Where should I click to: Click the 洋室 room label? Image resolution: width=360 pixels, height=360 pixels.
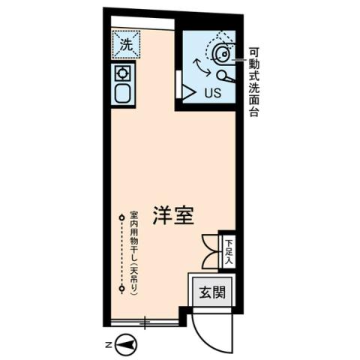[x=174, y=215]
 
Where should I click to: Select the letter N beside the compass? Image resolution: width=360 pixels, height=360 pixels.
[x=108, y=345]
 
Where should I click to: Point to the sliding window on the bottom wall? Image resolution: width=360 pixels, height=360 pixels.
[x=145, y=321]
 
